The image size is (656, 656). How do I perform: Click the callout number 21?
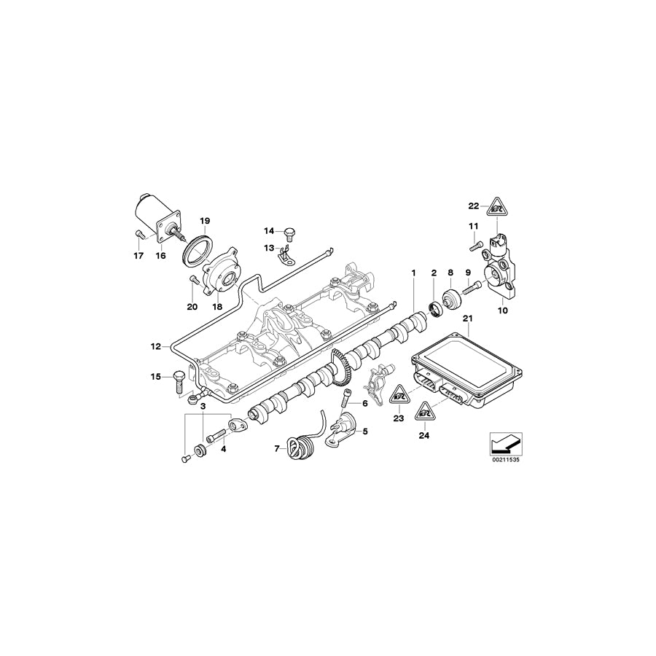click(468, 318)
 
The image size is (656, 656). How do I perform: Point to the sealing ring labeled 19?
click(198, 245)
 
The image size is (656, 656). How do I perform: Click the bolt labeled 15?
click(178, 382)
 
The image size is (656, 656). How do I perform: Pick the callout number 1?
click(413, 273)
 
